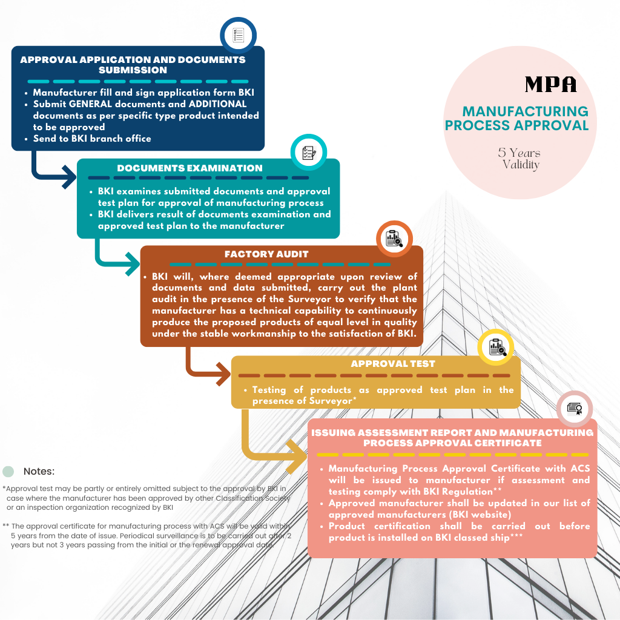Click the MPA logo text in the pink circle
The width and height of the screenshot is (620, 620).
coord(550,84)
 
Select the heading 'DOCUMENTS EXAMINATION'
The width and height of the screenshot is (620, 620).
coord(190,168)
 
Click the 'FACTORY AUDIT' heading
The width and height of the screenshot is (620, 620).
coord(266,254)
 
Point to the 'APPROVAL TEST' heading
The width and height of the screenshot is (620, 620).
coord(393,364)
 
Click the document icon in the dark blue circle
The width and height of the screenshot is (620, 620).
coord(239,35)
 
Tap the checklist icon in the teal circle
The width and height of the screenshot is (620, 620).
coord(309,153)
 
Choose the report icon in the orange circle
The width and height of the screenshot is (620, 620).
coord(394,239)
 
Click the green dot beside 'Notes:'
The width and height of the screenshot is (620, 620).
coord(8,471)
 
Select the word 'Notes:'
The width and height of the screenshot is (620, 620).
coord(39,471)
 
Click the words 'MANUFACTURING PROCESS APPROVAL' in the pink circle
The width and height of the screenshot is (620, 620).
coord(517,118)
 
